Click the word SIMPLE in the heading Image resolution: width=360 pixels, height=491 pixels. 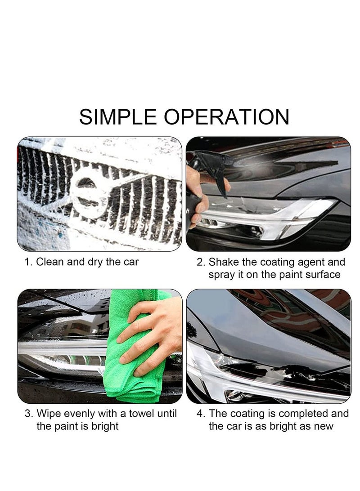[x=118, y=117]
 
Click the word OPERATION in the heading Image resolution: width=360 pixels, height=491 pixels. [x=226, y=117]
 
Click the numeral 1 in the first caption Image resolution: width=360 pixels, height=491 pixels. [x=27, y=262]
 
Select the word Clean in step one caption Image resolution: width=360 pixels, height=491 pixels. [x=50, y=262]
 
